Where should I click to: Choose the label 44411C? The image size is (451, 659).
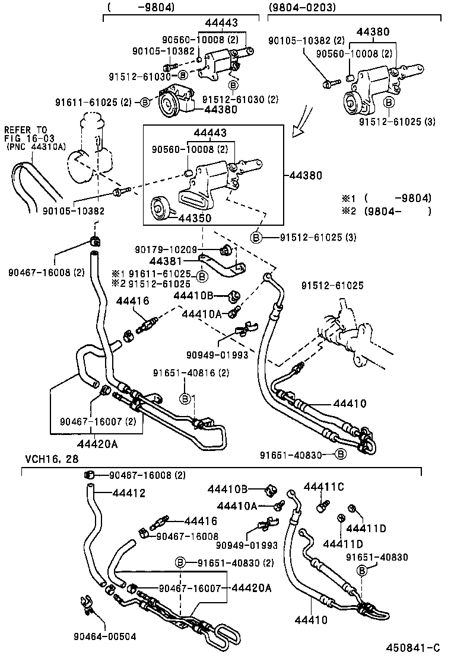tap(324, 487)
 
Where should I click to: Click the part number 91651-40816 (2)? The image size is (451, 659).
tap(190, 373)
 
